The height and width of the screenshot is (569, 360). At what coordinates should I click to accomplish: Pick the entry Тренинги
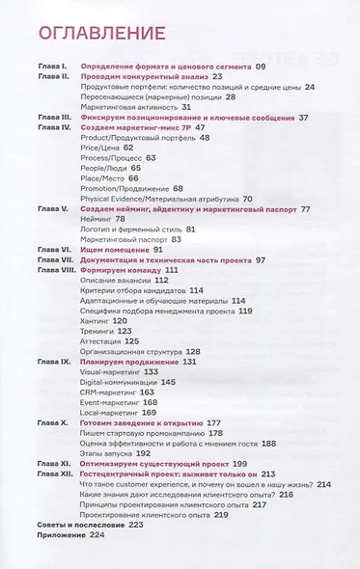[x=100, y=330]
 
